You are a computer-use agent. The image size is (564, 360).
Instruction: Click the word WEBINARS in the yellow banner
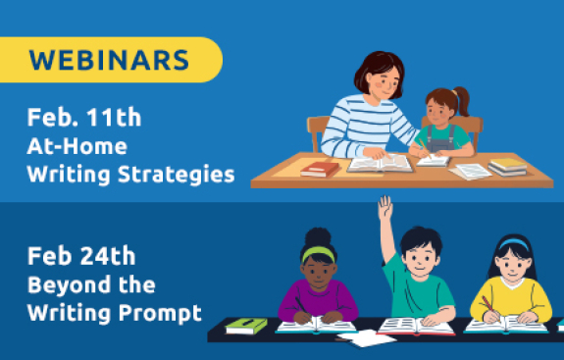[x=108, y=59]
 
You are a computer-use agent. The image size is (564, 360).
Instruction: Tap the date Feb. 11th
[x=84, y=119]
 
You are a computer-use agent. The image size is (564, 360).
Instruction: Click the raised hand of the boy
[x=385, y=208]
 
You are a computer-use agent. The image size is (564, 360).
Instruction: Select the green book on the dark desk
[x=246, y=326]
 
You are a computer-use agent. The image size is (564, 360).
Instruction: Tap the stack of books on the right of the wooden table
[x=507, y=167]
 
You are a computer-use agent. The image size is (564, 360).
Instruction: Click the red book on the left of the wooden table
[x=321, y=170]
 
